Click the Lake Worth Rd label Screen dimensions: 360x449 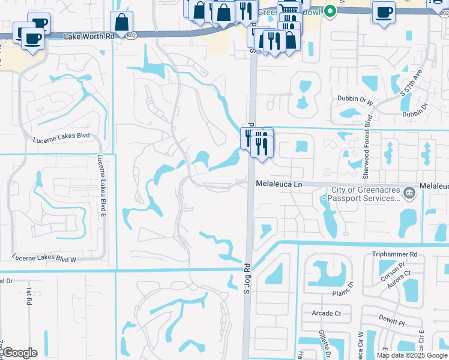click(x=89, y=36)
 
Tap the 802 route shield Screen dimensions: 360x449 click(x=131, y=36)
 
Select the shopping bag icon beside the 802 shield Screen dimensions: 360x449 click(x=122, y=23)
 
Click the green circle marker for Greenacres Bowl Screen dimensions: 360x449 click(x=329, y=11)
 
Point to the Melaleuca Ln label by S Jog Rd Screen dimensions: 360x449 click(x=279, y=185)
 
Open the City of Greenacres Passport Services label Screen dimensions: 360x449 click(x=361, y=193)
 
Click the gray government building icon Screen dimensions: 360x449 click(x=409, y=193)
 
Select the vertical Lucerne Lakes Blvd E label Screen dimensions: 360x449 click(x=102, y=185)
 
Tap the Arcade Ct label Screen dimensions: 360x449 click(x=326, y=313)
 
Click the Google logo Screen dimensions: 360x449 click(x=19, y=353)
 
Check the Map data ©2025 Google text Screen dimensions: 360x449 click(x=412, y=355)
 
